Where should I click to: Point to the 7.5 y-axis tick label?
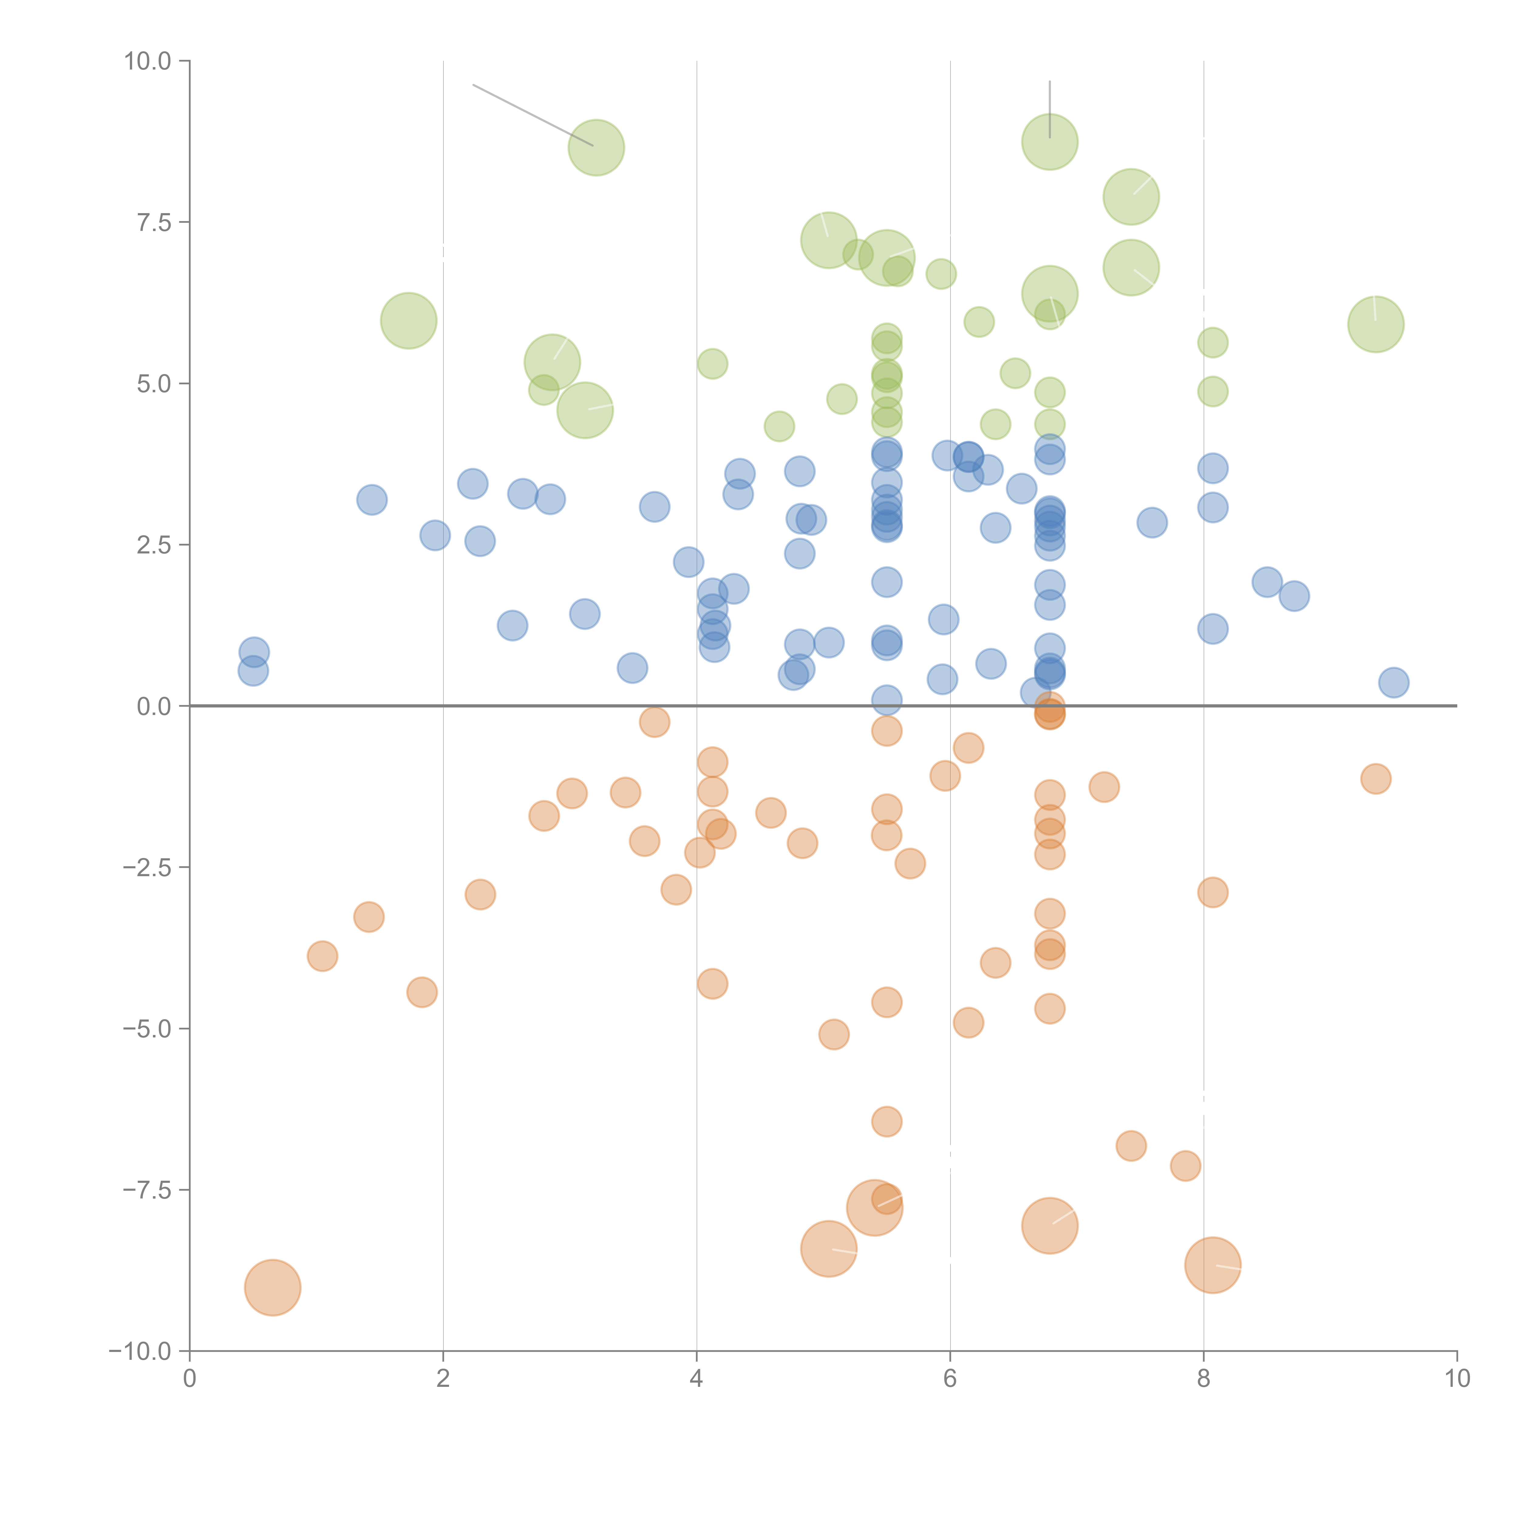click(154, 222)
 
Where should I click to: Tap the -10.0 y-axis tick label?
click(140, 1351)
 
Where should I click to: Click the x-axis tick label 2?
click(443, 1379)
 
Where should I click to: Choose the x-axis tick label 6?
click(950, 1379)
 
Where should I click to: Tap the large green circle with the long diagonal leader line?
click(596, 148)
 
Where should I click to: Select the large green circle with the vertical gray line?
click(1050, 142)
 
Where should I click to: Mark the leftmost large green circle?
click(409, 321)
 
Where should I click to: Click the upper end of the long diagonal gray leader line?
click(473, 84)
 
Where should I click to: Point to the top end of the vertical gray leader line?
click(1050, 81)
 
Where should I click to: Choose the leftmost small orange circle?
click(322, 956)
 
